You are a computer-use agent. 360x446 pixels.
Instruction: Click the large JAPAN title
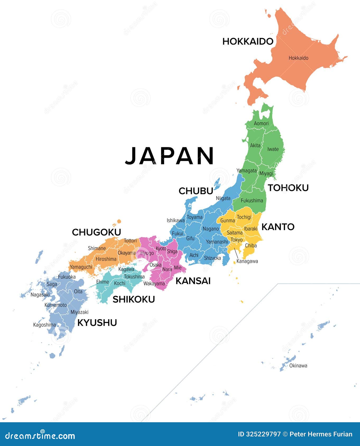[x=169, y=156]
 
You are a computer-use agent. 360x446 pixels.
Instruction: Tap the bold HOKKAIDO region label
[x=247, y=41]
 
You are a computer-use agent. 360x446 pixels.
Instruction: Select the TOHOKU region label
[x=288, y=188]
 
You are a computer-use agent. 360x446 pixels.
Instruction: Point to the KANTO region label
[x=278, y=227]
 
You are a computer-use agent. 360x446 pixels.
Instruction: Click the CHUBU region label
[x=196, y=191]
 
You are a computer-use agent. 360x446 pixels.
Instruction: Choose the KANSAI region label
[x=193, y=281]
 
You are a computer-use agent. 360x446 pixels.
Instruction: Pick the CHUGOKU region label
[x=96, y=232]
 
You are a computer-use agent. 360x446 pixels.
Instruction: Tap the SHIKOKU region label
[x=134, y=299]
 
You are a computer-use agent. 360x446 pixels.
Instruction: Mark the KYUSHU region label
[x=97, y=322]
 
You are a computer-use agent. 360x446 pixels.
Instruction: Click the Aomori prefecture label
[x=261, y=123]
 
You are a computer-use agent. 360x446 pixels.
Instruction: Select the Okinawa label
[x=298, y=366]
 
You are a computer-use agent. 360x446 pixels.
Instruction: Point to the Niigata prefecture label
[x=223, y=198]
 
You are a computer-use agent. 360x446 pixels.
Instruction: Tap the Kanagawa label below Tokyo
[x=247, y=261]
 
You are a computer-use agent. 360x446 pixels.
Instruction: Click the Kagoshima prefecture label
[x=44, y=325]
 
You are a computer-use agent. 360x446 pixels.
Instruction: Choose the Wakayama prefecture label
[x=154, y=284]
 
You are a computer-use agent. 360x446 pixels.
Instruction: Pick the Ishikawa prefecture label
[x=176, y=220]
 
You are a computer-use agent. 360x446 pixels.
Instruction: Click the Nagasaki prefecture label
[x=40, y=295]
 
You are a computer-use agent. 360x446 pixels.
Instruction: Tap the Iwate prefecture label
[x=273, y=149]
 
